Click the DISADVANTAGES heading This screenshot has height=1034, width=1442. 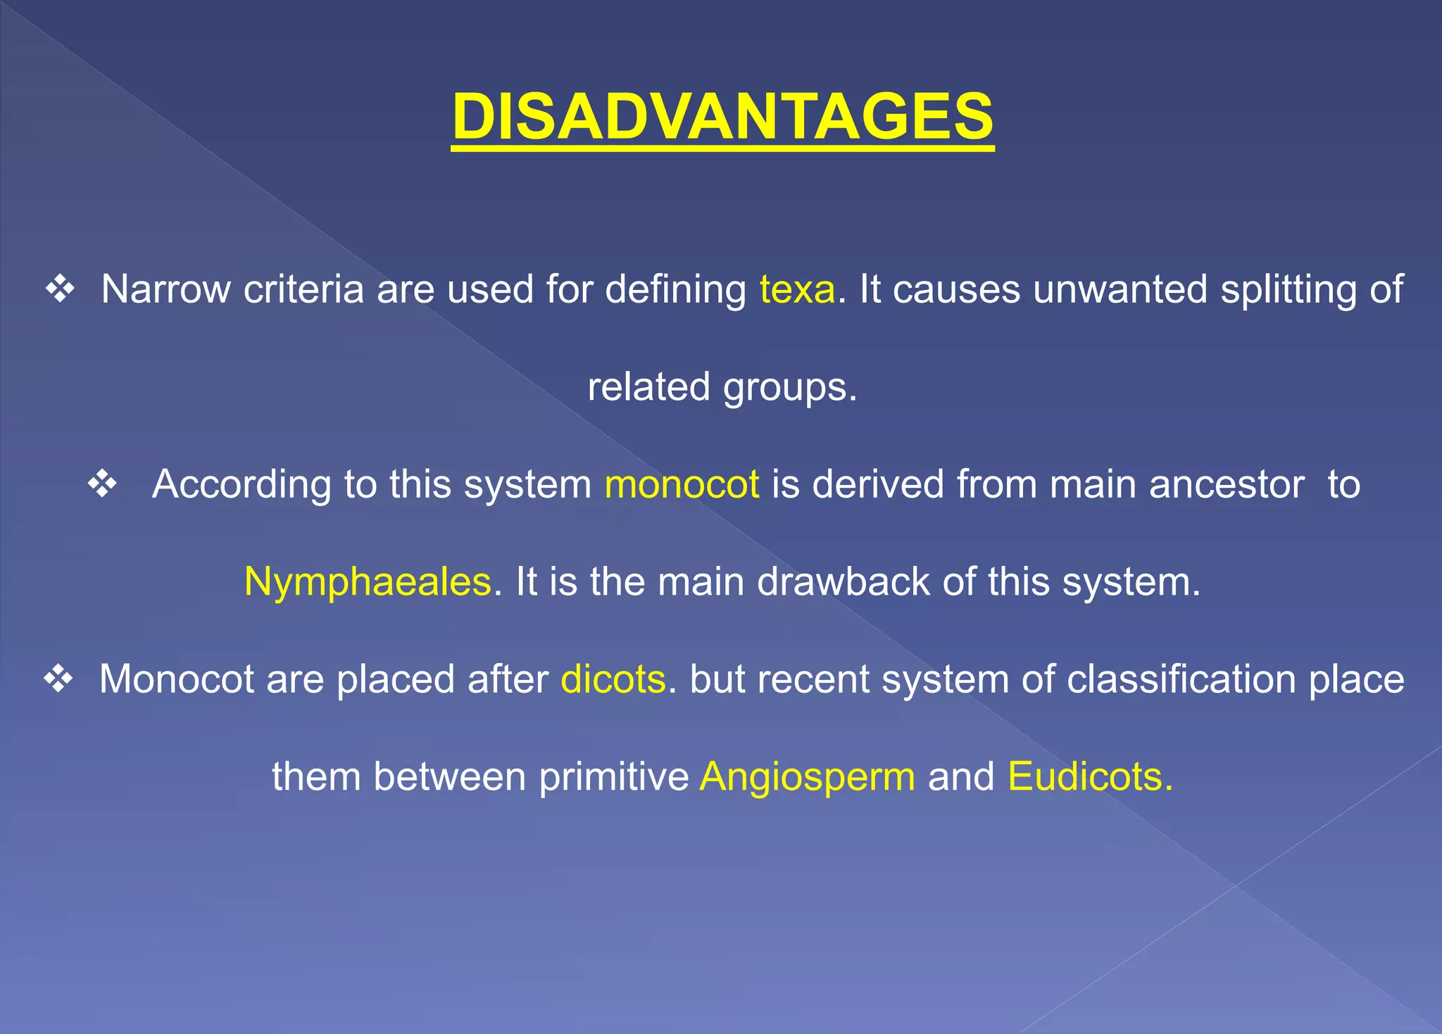point(722,117)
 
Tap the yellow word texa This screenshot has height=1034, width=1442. point(797,289)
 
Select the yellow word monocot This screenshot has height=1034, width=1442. point(682,484)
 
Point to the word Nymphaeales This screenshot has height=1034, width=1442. point(368,582)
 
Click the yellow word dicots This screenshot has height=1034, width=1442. point(613,679)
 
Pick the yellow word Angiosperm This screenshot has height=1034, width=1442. point(808,777)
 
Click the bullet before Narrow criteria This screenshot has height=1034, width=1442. point(61,289)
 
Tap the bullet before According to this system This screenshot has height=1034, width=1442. point(103,484)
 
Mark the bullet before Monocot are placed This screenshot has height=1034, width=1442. point(58,679)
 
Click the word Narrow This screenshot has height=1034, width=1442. point(165,289)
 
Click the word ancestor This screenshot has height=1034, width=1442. point(1227,484)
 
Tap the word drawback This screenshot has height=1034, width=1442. point(843,582)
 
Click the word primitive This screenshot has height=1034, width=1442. point(613,777)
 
